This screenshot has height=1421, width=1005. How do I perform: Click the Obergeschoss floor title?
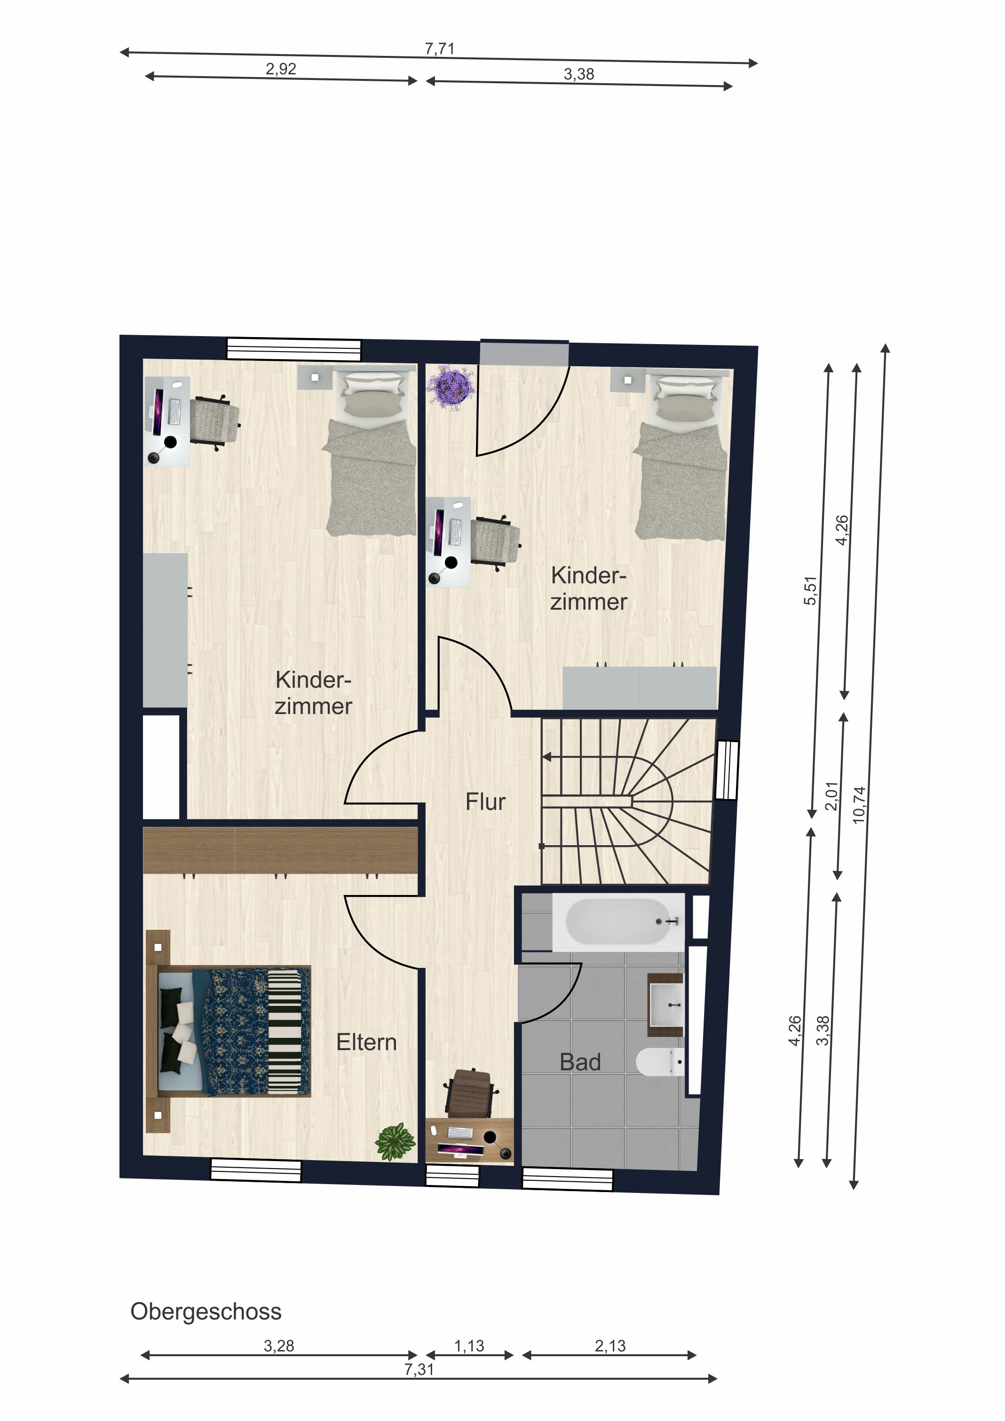pos(206,1311)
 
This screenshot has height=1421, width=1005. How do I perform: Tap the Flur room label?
pos(485,802)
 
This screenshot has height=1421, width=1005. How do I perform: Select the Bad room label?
pos(580,1062)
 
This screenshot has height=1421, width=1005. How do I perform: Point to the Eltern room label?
pos(366,1042)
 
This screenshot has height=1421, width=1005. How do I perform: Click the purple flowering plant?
pos(451,387)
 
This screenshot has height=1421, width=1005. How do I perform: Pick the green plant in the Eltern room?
pos(396,1141)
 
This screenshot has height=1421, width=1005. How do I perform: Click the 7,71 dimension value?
pos(440,49)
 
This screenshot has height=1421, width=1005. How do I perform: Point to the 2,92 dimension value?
pos(281,69)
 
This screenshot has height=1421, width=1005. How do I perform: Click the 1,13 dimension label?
pos(469,1345)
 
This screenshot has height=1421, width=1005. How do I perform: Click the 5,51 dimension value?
pos(811,590)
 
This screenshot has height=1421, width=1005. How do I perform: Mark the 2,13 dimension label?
pos(610,1345)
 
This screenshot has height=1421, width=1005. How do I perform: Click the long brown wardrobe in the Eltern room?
pos(280,850)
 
